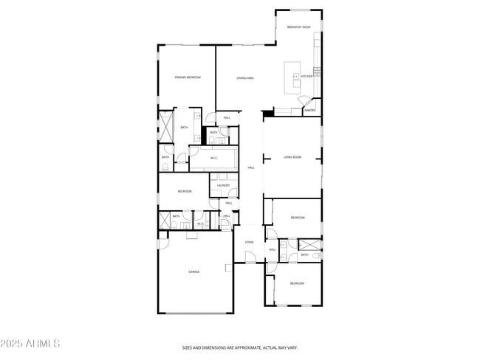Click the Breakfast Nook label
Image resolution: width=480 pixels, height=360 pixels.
298,27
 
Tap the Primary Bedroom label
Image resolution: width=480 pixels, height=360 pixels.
188,77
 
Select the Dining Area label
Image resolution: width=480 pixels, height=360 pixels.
245,77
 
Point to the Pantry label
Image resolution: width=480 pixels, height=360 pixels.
310,111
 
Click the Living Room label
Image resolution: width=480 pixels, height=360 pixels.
292,157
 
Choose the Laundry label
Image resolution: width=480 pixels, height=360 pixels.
223,185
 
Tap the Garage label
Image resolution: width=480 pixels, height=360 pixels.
193,271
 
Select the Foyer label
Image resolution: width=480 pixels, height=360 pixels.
250,242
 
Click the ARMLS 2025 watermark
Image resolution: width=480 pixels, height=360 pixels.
30,343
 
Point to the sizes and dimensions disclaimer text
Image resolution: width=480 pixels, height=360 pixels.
240,347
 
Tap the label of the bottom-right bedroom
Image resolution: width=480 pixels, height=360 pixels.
296,283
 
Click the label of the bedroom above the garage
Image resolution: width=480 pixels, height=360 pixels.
184,192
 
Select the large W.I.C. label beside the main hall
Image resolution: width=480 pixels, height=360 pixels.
213,158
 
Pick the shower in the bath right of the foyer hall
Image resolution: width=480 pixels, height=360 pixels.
309,244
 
